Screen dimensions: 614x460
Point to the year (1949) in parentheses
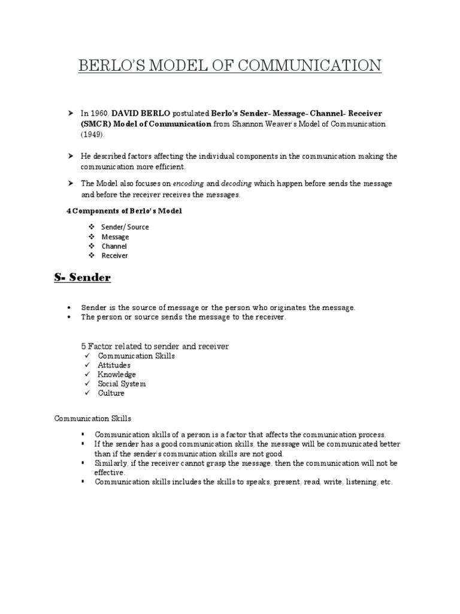click(93, 135)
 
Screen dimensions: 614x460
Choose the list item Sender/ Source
click(125, 227)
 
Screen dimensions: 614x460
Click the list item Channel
click(114, 246)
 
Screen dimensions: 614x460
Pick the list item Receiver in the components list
click(114, 256)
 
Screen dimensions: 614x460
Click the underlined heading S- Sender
click(82, 278)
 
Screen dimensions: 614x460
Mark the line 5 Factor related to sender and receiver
click(155, 347)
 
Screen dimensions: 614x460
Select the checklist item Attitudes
click(114, 365)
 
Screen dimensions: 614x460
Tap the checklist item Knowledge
click(117, 375)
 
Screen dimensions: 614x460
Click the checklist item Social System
click(122, 384)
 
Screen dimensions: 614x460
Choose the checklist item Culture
click(111, 393)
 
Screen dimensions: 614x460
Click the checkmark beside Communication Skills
click(86, 356)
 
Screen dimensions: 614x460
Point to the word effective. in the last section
click(110, 472)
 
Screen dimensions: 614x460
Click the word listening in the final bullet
click(357, 482)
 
